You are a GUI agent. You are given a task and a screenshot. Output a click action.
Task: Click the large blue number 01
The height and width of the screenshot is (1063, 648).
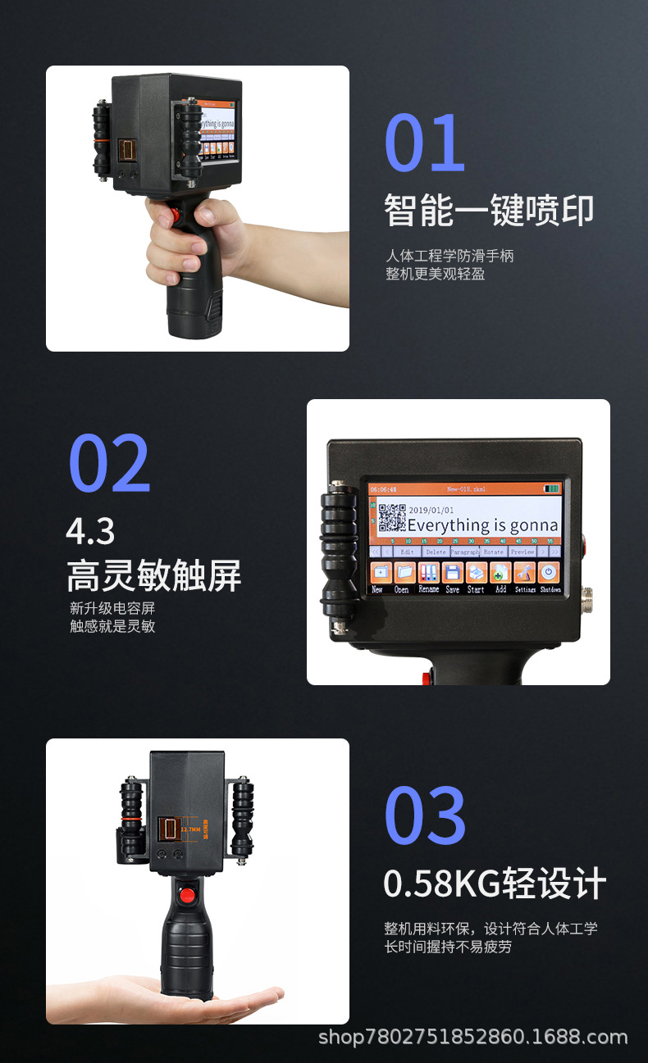point(425,143)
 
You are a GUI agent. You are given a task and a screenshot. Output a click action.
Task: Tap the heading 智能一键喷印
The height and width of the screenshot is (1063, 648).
point(489,211)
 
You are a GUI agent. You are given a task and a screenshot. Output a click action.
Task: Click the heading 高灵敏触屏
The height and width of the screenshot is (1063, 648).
point(154,576)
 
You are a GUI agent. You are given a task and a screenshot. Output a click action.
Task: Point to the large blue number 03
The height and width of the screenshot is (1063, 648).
point(425,815)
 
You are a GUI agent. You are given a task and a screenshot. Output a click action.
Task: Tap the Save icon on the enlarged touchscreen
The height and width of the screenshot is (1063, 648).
point(452,572)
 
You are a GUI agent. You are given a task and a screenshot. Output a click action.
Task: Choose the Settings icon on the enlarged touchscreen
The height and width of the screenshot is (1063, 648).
point(525,572)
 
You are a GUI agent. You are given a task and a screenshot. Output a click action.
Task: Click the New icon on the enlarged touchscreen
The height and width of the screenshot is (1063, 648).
point(379,572)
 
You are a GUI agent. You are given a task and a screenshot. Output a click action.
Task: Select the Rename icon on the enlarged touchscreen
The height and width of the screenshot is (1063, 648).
point(428,572)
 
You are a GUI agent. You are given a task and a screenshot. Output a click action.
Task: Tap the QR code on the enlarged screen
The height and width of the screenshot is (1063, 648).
point(391,519)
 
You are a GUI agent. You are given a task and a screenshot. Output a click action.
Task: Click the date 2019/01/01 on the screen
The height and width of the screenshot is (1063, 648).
point(431,510)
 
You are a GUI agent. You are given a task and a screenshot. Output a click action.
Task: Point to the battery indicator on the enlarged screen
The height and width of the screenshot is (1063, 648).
point(551,489)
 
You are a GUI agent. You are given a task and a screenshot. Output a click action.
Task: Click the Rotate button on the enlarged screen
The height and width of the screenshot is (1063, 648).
point(494,552)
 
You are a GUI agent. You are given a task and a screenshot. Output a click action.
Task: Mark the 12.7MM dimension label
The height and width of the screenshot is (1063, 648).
point(189,829)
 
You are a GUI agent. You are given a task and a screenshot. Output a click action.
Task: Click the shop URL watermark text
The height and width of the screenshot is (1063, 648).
point(472,1038)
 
